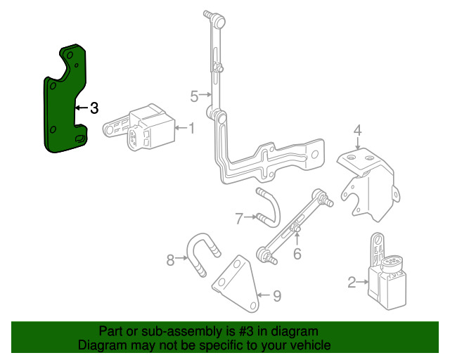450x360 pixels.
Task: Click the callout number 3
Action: click(94, 108)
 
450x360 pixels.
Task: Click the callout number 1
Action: click(191, 128)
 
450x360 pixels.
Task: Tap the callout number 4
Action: click(357, 130)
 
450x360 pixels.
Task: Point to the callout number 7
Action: click(239, 219)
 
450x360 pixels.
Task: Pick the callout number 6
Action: click(297, 254)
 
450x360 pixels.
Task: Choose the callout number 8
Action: click(170, 261)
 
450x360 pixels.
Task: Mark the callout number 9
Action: click(276, 296)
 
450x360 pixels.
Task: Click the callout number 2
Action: click(352, 283)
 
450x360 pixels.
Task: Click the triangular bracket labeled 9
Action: click(236, 281)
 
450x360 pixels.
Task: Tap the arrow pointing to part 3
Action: click(80, 108)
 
